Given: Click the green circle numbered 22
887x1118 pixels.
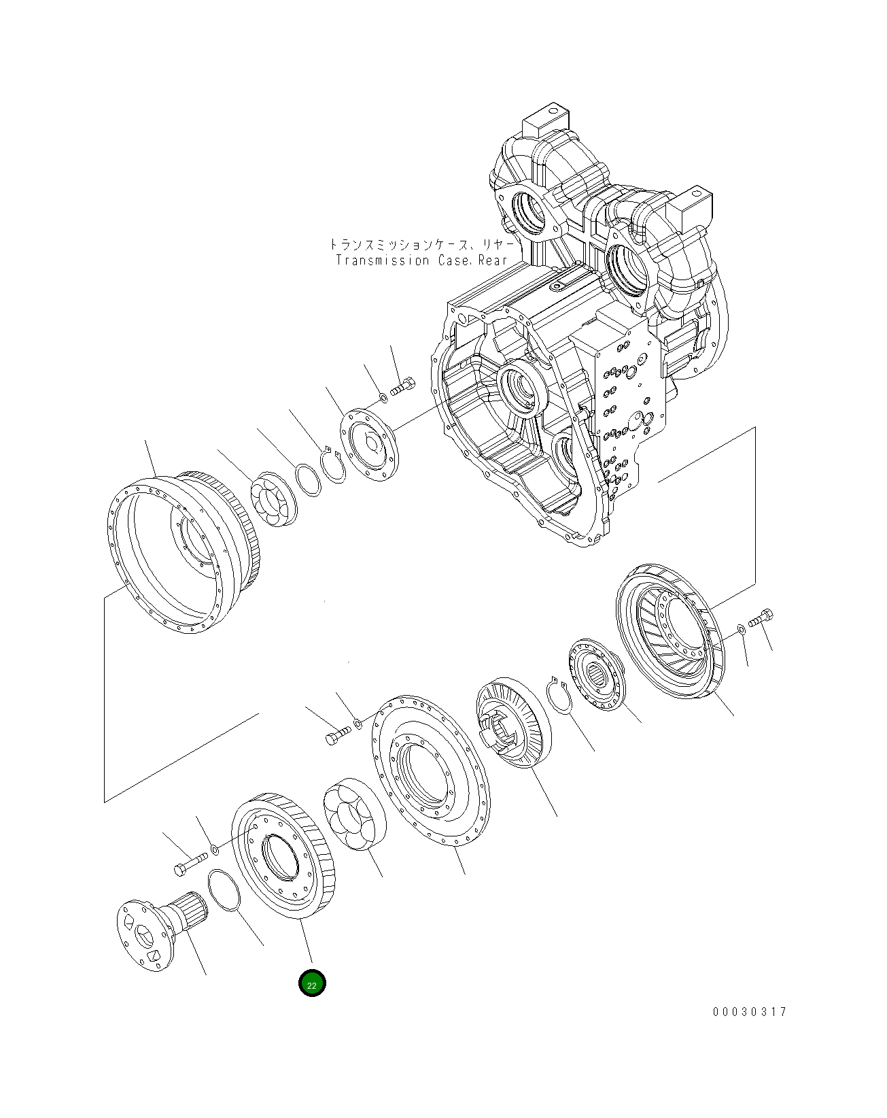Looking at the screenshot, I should tap(312, 983).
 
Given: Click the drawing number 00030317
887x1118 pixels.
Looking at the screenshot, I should tap(749, 1011).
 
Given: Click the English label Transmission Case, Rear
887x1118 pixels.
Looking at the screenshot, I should tap(421, 260).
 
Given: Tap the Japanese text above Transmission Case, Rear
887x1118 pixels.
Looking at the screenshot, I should tap(421, 243).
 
